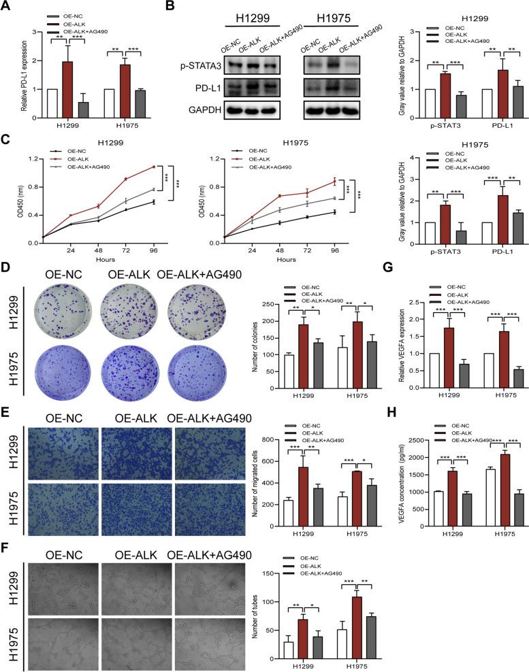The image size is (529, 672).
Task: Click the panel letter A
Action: pyautogui.click(x=7, y=8)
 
